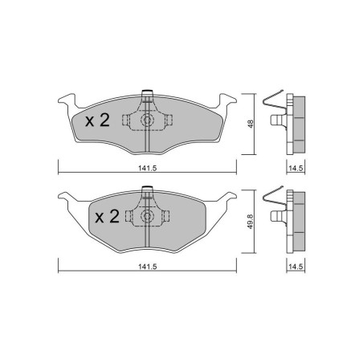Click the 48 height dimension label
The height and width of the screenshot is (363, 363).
(251, 124)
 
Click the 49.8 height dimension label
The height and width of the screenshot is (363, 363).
(251, 221)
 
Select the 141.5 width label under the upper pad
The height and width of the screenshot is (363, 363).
(147, 168)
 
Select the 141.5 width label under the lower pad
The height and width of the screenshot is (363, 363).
(147, 267)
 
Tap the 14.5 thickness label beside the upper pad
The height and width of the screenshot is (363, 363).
(296, 168)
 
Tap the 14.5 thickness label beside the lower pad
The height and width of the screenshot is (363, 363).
(296, 267)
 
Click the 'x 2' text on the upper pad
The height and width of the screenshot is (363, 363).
(97, 120)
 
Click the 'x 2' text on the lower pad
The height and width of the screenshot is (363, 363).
(107, 217)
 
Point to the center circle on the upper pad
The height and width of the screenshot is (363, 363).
(147, 120)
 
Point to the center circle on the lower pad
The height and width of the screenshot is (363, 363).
(147, 216)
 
